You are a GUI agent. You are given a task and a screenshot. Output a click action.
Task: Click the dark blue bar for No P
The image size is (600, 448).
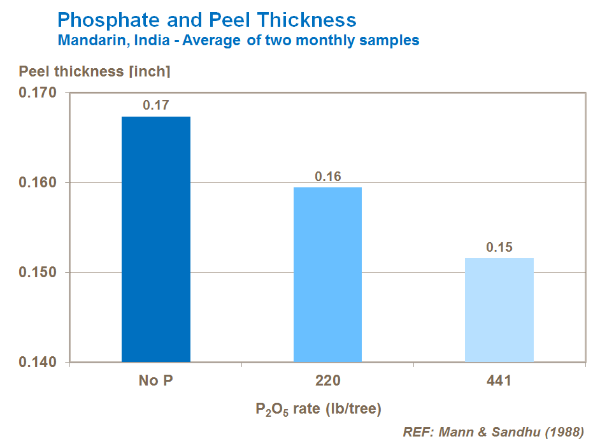point(155,239)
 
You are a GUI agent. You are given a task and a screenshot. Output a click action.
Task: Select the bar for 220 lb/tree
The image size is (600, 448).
point(327,275)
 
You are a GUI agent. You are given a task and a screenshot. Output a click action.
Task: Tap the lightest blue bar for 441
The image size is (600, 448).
point(499,310)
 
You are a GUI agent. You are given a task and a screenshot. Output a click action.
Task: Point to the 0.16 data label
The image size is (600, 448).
point(328,177)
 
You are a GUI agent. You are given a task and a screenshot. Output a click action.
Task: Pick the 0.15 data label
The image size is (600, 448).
point(499,247)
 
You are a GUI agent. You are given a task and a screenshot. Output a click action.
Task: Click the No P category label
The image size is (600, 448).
point(155,381)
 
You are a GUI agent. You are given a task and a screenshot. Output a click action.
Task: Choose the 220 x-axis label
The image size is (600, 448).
point(327,381)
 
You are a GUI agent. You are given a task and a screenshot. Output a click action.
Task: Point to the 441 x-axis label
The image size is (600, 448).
point(499,381)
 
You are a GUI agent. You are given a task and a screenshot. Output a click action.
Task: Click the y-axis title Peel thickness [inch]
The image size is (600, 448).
point(94,71)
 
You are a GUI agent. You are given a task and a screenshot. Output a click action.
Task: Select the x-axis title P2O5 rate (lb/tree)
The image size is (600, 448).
point(318,408)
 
